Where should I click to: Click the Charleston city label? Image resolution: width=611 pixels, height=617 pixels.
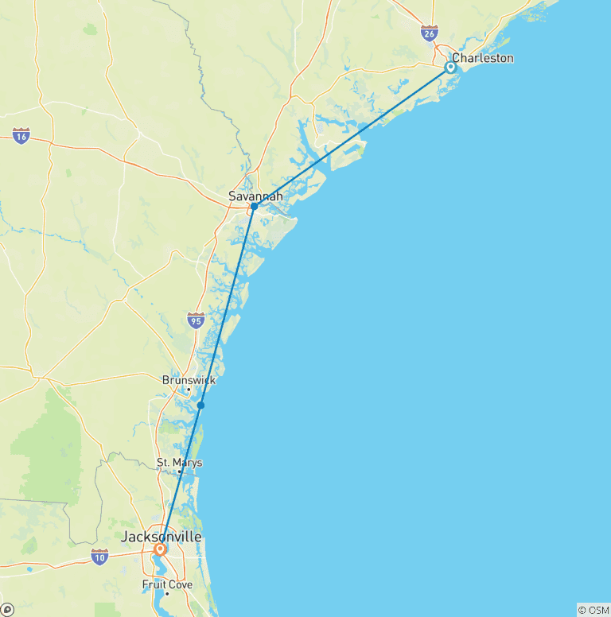pyautogui.click(x=482, y=58)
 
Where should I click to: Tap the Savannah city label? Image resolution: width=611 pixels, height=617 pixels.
pyautogui.click(x=255, y=196)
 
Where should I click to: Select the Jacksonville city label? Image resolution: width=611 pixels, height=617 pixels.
pyautogui.click(x=161, y=537)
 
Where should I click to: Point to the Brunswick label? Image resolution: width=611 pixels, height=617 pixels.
pyautogui.click(x=189, y=380)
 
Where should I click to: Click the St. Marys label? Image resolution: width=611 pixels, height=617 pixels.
pyautogui.click(x=179, y=462)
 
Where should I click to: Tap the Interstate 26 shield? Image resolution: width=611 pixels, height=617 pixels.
pyautogui.click(x=429, y=33)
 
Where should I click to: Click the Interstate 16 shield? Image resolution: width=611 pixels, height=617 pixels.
pyautogui.click(x=21, y=136)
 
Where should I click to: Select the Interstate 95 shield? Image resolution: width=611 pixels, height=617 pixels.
pyautogui.click(x=196, y=320)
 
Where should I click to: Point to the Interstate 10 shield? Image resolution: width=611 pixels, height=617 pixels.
pyautogui.click(x=99, y=557)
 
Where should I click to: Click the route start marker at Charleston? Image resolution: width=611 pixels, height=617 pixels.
pyautogui.click(x=450, y=68)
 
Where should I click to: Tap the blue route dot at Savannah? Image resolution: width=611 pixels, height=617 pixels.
pyautogui.click(x=254, y=207)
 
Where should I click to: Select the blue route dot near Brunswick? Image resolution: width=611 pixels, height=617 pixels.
pyautogui.click(x=201, y=406)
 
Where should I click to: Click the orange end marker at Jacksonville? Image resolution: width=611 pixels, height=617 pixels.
pyautogui.click(x=161, y=549)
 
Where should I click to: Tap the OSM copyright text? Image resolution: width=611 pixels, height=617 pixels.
pyautogui.click(x=593, y=610)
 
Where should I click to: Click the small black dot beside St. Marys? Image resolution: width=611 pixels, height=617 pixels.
pyautogui.click(x=180, y=471)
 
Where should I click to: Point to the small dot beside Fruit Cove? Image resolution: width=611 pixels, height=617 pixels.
pyautogui.click(x=167, y=593)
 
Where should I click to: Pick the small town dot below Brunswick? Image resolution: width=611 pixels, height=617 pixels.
pyautogui.click(x=188, y=390)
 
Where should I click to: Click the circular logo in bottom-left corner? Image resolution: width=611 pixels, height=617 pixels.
pyautogui.click(x=7, y=610)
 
